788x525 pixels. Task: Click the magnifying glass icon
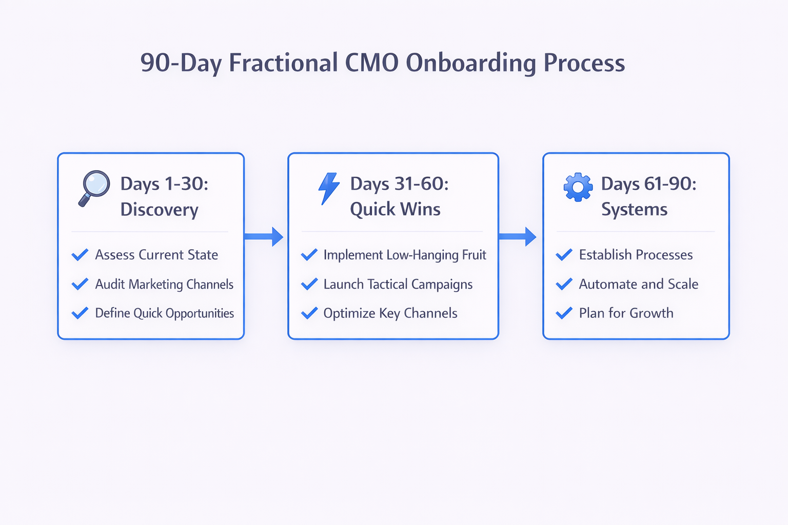(94, 188)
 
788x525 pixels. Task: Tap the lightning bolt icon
(329, 188)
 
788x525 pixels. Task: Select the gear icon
(578, 187)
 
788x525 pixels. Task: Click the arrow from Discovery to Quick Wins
(264, 236)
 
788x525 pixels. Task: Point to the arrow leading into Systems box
(518, 236)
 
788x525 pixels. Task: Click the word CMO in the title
(372, 63)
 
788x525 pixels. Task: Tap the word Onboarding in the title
(471, 64)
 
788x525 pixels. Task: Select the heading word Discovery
(160, 210)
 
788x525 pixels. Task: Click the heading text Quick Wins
(395, 210)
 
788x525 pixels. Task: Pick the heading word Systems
(634, 210)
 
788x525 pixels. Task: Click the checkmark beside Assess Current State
(80, 255)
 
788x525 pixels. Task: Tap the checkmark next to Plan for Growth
(564, 313)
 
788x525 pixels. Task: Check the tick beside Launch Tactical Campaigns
(309, 284)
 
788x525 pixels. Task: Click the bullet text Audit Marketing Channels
(164, 285)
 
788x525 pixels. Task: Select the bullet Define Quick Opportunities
(164, 313)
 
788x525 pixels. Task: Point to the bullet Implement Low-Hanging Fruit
(405, 255)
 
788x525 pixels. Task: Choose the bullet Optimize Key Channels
(390, 313)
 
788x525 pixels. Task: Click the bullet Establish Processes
(636, 255)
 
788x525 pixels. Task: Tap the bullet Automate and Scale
(639, 284)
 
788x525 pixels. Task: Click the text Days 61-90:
(648, 184)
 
